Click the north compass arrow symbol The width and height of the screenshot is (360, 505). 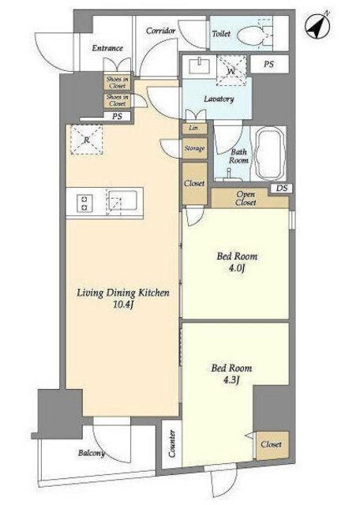coord(317,25)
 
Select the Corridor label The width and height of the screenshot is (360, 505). coord(161,31)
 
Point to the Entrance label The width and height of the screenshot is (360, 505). coord(107,48)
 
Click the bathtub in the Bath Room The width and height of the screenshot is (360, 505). coord(268,154)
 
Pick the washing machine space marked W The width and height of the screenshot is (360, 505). coord(231,70)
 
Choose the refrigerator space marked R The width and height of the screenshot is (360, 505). coord(87,140)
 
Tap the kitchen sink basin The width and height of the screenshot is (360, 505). coord(122,203)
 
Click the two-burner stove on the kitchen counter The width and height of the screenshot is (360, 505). coord(84,204)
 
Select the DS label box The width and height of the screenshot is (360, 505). coord(281,188)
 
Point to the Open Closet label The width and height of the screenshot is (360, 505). coord(246,198)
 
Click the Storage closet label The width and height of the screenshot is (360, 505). coord(194,148)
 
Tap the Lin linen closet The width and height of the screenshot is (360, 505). coord(194,129)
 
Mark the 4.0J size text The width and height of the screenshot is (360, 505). coord(237,267)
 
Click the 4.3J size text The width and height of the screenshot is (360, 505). coord(232,380)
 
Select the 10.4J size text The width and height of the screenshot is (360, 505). coord(123,305)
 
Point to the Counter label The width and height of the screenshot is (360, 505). coord(172,443)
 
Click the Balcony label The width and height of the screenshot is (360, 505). coord(92,453)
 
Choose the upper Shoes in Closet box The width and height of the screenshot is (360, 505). coord(118,82)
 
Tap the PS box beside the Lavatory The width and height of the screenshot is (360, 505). coord(269,64)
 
